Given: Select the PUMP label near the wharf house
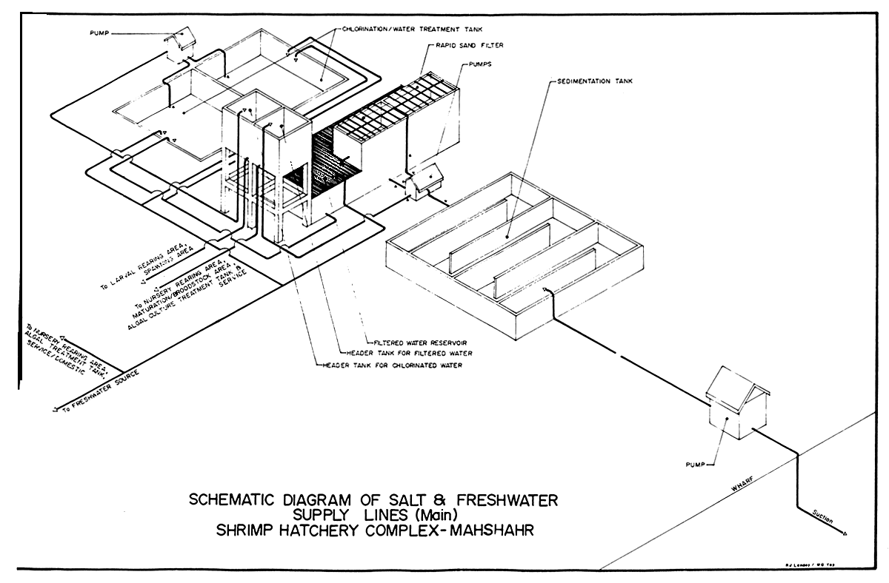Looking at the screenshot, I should pyautogui.click(x=699, y=465).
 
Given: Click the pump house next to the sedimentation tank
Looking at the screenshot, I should pyautogui.click(x=424, y=181).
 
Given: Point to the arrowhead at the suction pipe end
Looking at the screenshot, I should pyautogui.click(x=845, y=532).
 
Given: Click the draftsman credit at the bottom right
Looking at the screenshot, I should pyautogui.click(x=825, y=562).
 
